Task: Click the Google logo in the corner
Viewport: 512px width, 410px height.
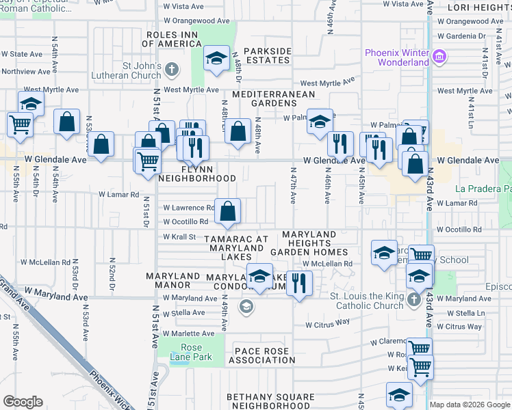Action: [x=23, y=401]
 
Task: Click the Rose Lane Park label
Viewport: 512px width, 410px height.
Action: [x=191, y=351]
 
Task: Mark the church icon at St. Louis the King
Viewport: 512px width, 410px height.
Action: [x=413, y=300]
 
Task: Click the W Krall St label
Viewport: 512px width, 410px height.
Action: [x=179, y=236]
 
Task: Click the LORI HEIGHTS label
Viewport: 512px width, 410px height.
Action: [x=479, y=8]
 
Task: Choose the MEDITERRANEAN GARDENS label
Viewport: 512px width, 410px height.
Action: [x=274, y=99]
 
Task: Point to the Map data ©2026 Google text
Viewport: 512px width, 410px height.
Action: [x=470, y=405]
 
